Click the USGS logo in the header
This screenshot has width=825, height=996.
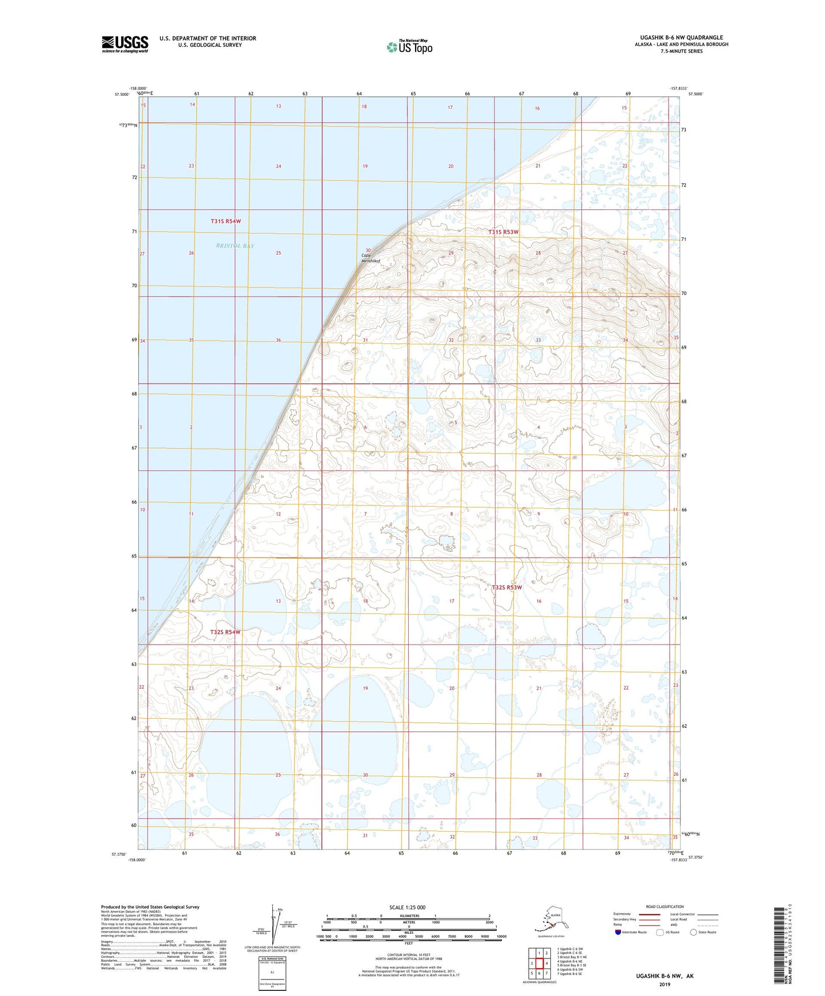coord(124,44)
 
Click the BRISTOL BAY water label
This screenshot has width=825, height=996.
coord(235,246)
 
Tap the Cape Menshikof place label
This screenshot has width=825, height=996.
coord(371,258)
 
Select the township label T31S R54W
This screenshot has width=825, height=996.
coord(226,221)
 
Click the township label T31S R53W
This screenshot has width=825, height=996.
coord(503,232)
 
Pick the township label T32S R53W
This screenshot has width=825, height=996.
coord(506,587)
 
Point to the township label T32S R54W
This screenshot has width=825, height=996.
coord(225,632)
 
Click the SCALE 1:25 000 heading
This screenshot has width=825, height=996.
coord(407,907)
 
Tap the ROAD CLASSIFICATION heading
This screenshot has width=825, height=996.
coord(665,906)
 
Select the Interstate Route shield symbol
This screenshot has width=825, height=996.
coord(618,932)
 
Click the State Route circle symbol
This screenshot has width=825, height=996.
coord(694,932)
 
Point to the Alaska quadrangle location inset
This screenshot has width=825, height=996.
coord(550,920)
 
